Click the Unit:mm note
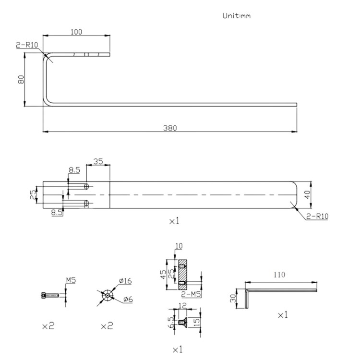pyautogui.click(x=236, y=16)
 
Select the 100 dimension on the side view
pyautogui.click(x=76, y=32)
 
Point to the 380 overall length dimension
pyautogui.click(x=170, y=128)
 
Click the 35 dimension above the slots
pyautogui.click(x=98, y=162)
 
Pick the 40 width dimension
pyautogui.click(x=307, y=195)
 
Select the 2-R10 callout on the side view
pyautogui.click(x=27, y=45)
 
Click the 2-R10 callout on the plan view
pyautogui.click(x=317, y=216)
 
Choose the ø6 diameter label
pyautogui.click(x=128, y=300)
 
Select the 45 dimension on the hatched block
pyautogui.click(x=163, y=275)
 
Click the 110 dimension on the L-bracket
pyautogui.click(x=280, y=275)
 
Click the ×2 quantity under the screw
pyautogui.click(x=48, y=326)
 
